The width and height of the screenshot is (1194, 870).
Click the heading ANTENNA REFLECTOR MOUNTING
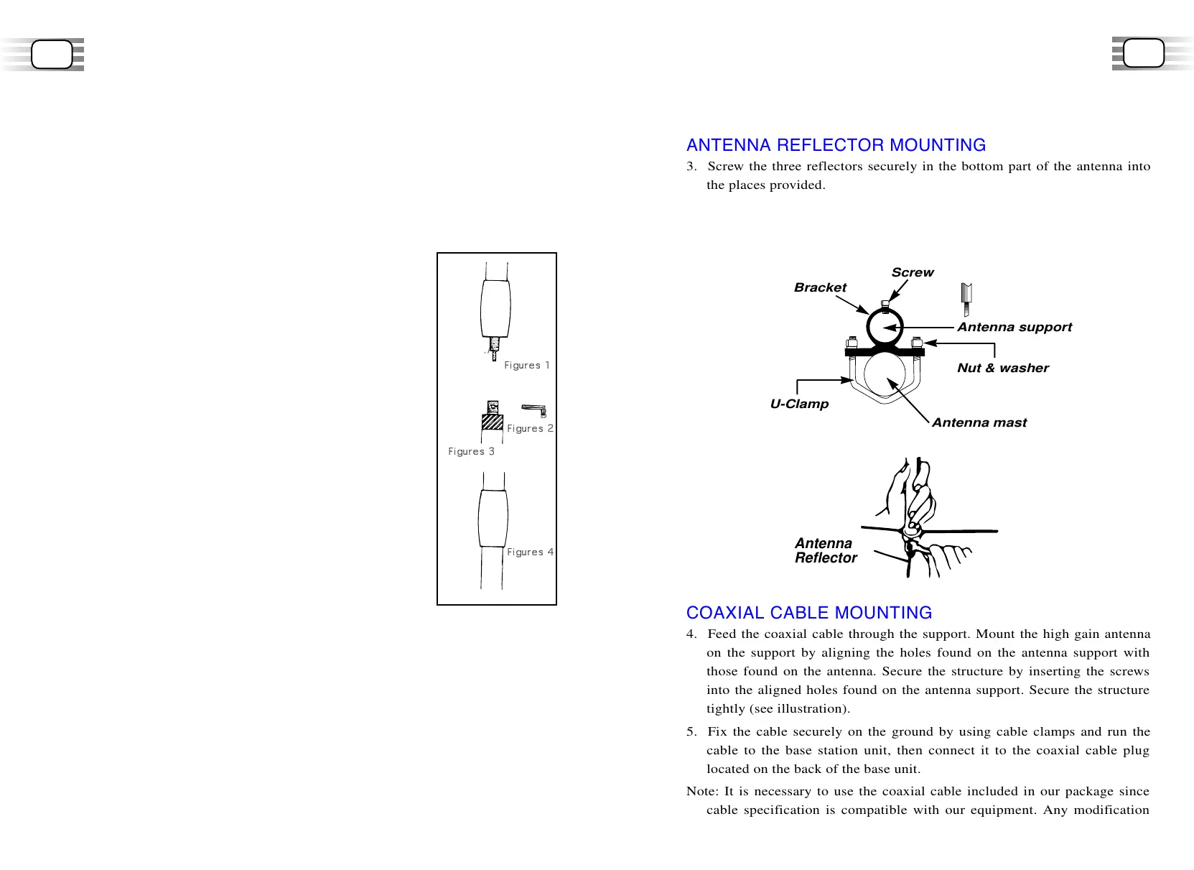[836, 145]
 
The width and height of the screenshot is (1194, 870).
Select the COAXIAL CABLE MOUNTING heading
[809, 613]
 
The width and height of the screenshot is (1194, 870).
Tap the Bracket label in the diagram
[820, 287]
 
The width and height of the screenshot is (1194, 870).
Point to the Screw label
[913, 272]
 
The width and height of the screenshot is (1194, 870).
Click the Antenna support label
[1014, 327]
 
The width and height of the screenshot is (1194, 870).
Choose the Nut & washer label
[1002, 368]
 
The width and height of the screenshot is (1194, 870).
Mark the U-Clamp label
[799, 404]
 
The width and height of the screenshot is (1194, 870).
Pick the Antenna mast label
[979, 422]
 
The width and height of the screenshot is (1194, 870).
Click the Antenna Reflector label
[826, 550]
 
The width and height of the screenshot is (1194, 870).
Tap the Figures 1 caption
[526, 365]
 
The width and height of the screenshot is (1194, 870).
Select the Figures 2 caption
[530, 428]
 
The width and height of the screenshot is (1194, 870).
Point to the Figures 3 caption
[471, 451]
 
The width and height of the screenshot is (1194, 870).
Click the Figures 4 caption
[530, 552]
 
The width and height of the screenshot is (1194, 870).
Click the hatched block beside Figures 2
[493, 422]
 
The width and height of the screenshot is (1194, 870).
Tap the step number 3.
[691, 166]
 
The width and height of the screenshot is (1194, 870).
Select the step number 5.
[691, 731]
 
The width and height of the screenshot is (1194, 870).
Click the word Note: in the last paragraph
[702, 791]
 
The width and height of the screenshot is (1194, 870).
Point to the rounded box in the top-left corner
[52, 55]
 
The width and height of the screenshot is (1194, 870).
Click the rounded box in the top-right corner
[1143, 53]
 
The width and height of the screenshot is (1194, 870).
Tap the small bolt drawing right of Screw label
[966, 299]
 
